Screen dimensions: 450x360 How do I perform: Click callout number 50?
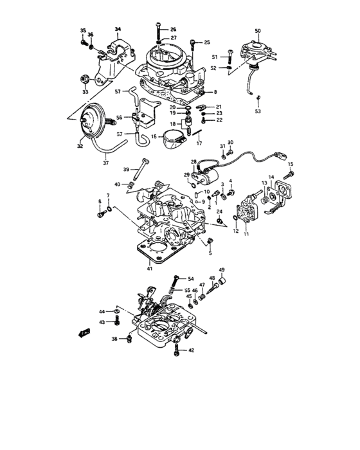258,31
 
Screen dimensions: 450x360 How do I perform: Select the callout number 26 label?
172,30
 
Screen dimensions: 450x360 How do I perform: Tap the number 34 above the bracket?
118,30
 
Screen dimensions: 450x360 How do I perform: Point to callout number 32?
80,147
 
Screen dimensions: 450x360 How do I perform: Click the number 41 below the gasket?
149,268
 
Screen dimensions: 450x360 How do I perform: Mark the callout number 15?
290,165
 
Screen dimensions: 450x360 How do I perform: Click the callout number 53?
258,111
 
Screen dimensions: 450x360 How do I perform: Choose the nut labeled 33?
84,78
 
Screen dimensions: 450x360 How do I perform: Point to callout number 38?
114,338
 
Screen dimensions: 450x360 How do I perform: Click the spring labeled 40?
131,186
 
